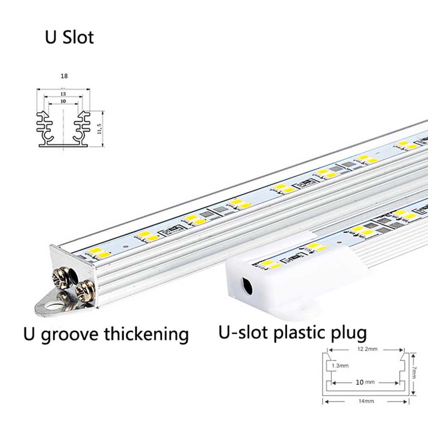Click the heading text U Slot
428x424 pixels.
click(x=69, y=37)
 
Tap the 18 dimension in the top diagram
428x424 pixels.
click(x=64, y=76)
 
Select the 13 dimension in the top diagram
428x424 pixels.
click(x=63, y=93)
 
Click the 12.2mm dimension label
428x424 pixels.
click(x=366, y=349)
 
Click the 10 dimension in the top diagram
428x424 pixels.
click(x=63, y=101)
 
